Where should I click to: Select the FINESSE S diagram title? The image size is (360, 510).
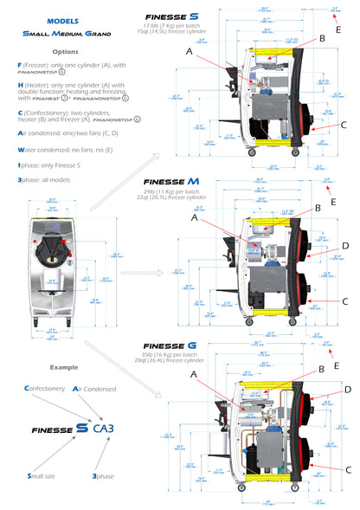pos(171,16)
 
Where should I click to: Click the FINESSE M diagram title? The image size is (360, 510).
pos(171,180)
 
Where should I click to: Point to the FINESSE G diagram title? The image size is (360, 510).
pos(171,346)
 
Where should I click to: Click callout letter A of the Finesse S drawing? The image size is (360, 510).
pos(190,52)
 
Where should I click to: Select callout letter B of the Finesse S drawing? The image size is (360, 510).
pos(322,39)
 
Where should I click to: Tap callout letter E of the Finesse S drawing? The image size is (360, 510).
pos(338,29)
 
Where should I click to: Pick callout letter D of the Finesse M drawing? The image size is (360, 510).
pos(344,246)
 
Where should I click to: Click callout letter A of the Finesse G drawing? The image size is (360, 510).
pos(192,375)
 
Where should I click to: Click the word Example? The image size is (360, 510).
pos(63,367)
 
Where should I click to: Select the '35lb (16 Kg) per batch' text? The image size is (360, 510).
pos(171,356)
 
